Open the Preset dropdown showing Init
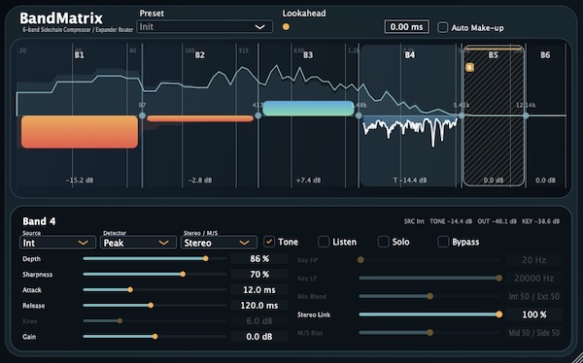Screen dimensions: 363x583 [x=205, y=27]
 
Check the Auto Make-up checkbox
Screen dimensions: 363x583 [x=444, y=27]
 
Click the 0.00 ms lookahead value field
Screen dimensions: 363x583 [x=406, y=27]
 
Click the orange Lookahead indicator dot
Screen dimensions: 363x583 [x=286, y=27]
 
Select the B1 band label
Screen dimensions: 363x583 [x=79, y=55]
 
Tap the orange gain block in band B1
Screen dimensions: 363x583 [x=79, y=131]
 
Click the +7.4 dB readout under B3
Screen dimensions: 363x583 [x=307, y=181]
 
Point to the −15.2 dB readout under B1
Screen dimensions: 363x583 [x=79, y=181]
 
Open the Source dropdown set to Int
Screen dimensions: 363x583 [x=56, y=243]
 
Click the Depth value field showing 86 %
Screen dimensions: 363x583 [x=258, y=259]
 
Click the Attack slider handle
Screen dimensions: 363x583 [x=129, y=290]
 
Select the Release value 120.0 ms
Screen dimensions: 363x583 [x=258, y=305]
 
